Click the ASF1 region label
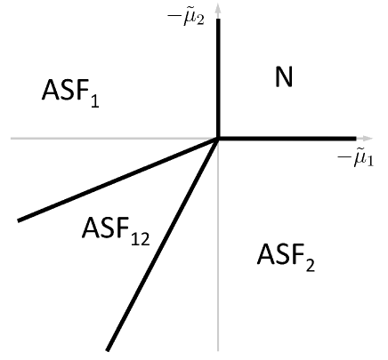click(70, 92)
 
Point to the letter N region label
click(283, 78)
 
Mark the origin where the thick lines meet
click(218, 138)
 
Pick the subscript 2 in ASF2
click(309, 265)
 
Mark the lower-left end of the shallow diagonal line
click(19, 219)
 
